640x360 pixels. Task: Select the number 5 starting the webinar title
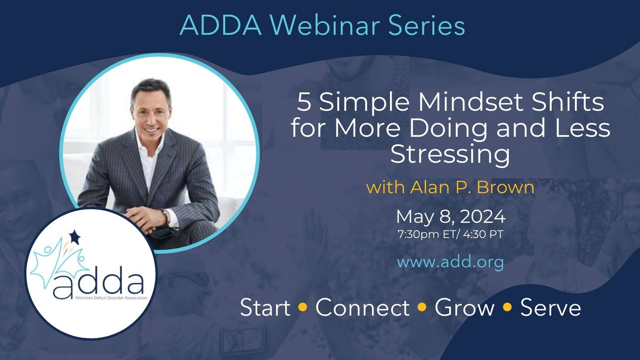tap(304, 102)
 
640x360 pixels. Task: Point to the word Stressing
tap(450, 155)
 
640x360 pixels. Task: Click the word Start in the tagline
tap(265, 308)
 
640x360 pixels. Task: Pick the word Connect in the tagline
tap(362, 308)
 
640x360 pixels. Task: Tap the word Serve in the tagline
tap(550, 308)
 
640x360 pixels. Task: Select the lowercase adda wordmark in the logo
tap(98, 282)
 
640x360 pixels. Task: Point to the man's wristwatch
tap(165, 216)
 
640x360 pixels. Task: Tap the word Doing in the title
tap(448, 128)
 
